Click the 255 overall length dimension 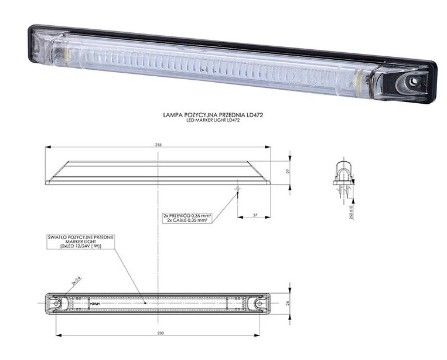point(158,144)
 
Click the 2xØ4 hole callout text point(76,281)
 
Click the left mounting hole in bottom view point(57,303)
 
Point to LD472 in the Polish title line point(253,116)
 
